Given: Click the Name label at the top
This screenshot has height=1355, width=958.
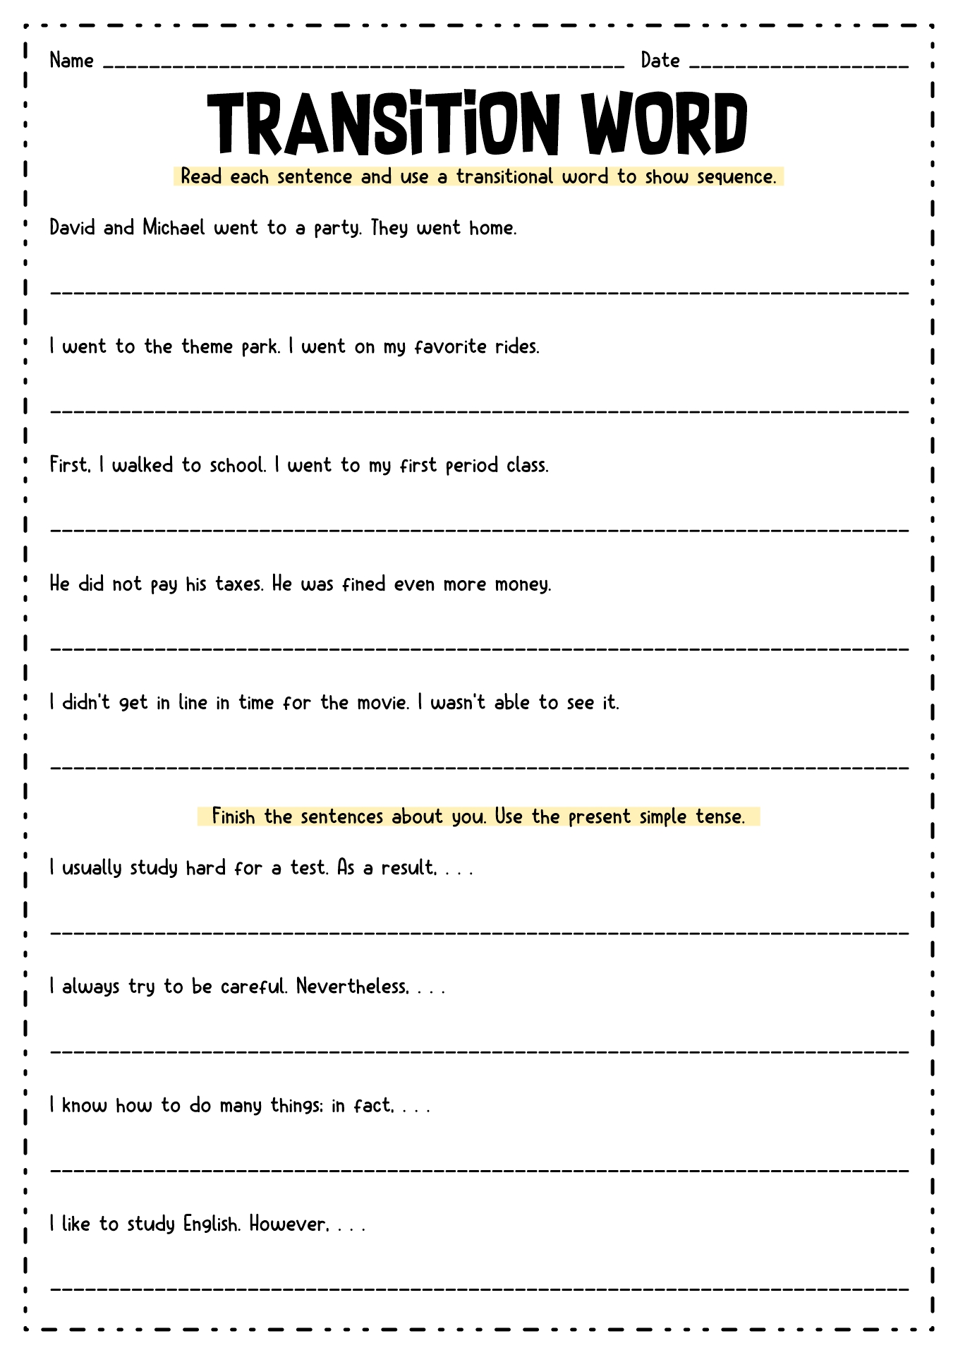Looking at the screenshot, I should coord(71,61).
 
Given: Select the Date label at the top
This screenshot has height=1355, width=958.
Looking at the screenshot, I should coord(660,61).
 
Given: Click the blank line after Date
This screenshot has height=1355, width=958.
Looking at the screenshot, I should coord(799,66).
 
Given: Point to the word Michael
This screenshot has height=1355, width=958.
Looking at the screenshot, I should coord(174,227).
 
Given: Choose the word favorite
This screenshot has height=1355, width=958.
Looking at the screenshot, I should coord(451,347).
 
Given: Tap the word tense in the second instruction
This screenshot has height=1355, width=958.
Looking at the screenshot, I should coord(720,817).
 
